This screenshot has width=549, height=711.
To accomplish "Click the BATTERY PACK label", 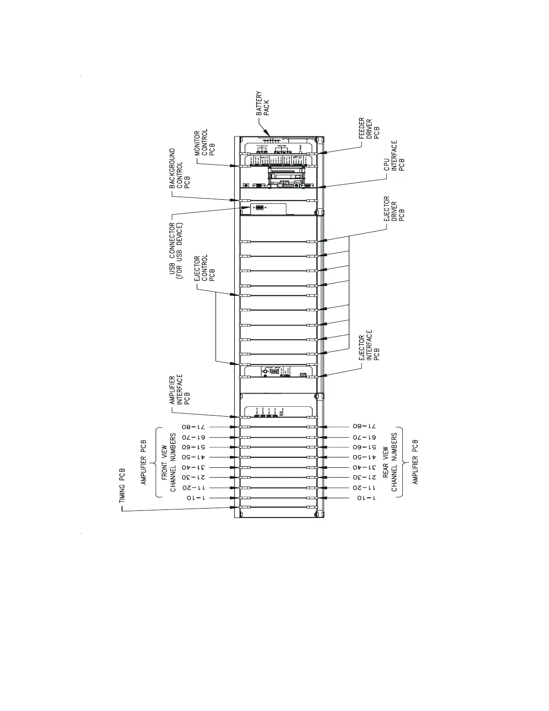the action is [263, 104].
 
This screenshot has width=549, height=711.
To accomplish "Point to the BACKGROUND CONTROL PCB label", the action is [179, 169].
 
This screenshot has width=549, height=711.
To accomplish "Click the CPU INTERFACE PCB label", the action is [394, 156].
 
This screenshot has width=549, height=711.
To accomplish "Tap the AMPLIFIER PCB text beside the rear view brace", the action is [415, 462].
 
